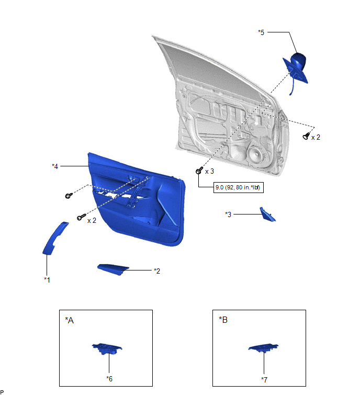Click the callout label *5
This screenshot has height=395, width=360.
(261, 32)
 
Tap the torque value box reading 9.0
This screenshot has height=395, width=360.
(238, 187)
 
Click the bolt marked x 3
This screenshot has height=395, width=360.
(199, 170)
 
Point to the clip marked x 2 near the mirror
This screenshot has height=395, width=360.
(306, 136)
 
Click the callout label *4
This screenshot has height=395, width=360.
(55, 166)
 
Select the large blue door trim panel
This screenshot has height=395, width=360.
(137, 199)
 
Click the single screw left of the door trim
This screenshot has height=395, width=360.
(69, 196)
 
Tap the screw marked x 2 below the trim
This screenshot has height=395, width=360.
(82, 217)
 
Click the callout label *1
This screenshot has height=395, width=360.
(47, 279)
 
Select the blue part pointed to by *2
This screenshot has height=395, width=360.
(113, 269)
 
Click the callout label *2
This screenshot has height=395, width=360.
(157, 271)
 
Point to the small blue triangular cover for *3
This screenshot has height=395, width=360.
(267, 215)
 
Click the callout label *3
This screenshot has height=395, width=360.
(228, 215)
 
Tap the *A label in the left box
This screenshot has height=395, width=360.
(69, 320)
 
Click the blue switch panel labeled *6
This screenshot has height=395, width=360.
(107, 348)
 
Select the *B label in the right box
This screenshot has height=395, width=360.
(223, 320)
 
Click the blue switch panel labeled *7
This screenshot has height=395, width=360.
(264, 347)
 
